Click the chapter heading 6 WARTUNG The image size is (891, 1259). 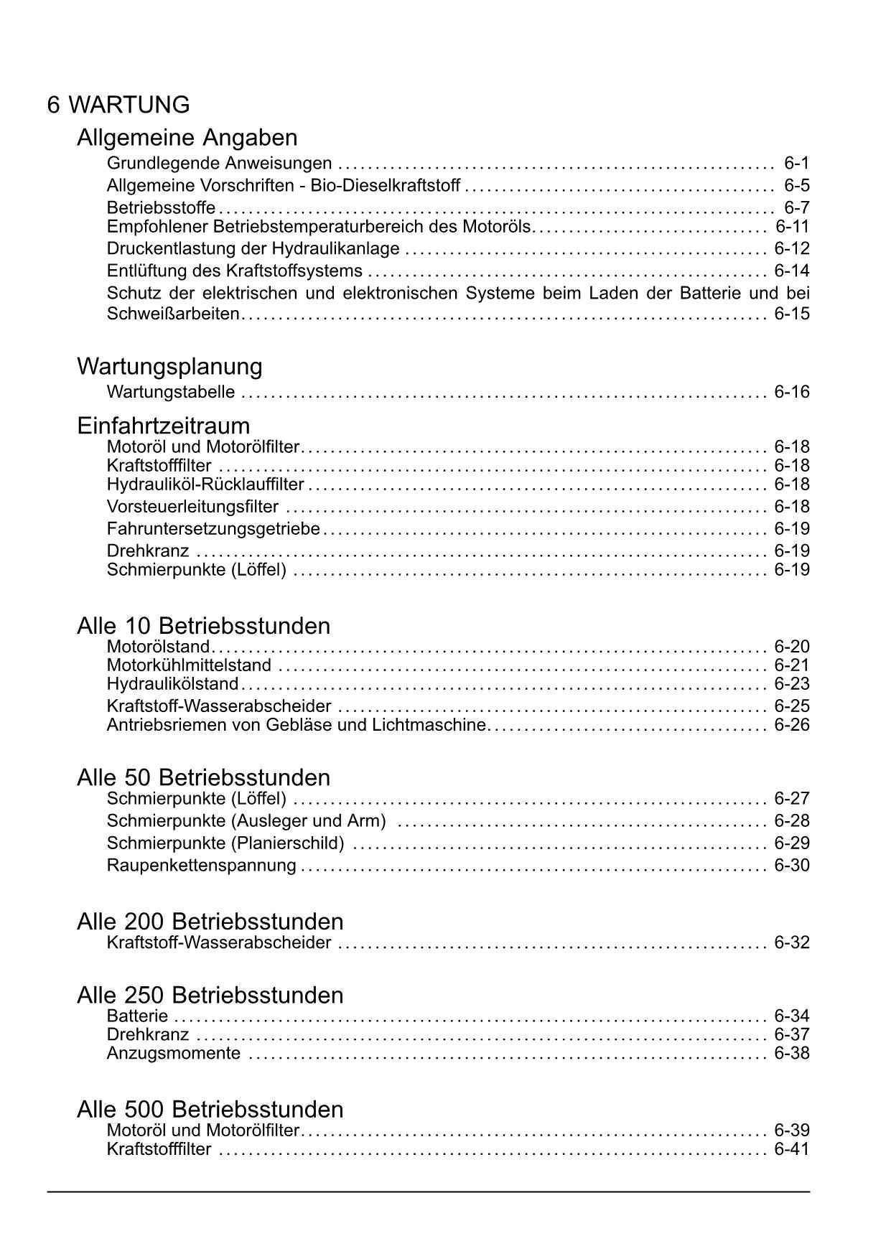pyautogui.click(x=118, y=105)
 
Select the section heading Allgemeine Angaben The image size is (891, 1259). pyautogui.click(x=187, y=137)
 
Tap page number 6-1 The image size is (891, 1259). pyautogui.click(x=796, y=163)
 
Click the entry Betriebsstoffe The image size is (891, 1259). pyautogui.click(x=161, y=208)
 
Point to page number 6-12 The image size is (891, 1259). pyautogui.click(x=791, y=249)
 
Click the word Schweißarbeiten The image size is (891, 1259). pyautogui.click(x=172, y=314)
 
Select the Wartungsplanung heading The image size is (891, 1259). pyautogui.click(x=169, y=367)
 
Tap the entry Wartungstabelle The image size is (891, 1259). pyautogui.click(x=171, y=392)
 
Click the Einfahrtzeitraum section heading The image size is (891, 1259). pyautogui.click(x=163, y=426)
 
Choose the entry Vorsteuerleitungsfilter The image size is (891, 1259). pyautogui.click(x=192, y=507)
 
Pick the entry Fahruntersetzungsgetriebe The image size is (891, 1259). pyautogui.click(x=213, y=529)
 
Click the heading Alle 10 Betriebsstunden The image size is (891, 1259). pyautogui.click(x=203, y=626)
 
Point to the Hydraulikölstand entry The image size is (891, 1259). pyautogui.click(x=172, y=684)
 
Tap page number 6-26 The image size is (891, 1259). pyautogui.click(x=791, y=725)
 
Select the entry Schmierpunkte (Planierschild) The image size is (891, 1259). pyautogui.click(x=225, y=843)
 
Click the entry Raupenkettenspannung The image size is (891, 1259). pyautogui.click(x=201, y=866)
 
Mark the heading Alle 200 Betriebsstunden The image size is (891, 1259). pyautogui.click(x=210, y=922)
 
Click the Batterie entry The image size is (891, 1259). pyautogui.click(x=137, y=1016)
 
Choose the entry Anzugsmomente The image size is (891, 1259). pyautogui.click(x=174, y=1054)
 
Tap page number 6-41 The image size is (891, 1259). pyautogui.click(x=791, y=1150)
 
